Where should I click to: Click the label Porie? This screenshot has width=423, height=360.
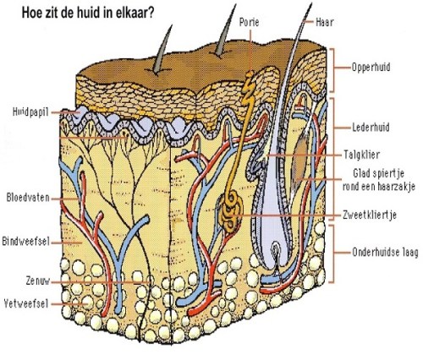coord(250,19)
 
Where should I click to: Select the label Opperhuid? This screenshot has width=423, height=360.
coord(372,64)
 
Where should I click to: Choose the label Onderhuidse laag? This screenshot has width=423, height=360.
coord(385,251)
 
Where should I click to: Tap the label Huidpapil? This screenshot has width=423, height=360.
coord(32,111)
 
